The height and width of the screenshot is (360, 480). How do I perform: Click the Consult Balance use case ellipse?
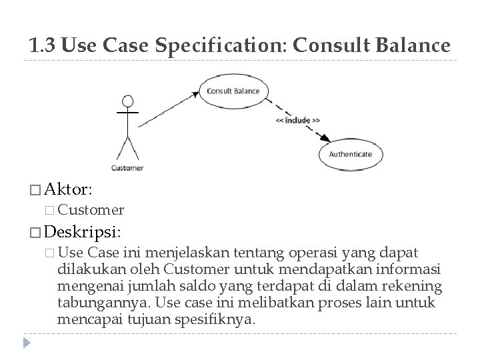click(233, 91)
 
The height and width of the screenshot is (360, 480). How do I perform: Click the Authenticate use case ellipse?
click(350, 154)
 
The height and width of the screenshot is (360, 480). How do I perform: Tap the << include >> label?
click(297, 121)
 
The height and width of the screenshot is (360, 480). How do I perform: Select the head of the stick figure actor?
click(127, 102)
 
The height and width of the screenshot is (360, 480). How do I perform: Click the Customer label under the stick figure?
click(127, 167)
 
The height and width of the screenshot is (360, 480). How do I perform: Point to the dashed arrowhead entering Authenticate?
click(325, 139)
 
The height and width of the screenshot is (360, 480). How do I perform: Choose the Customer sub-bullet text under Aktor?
click(91, 211)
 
